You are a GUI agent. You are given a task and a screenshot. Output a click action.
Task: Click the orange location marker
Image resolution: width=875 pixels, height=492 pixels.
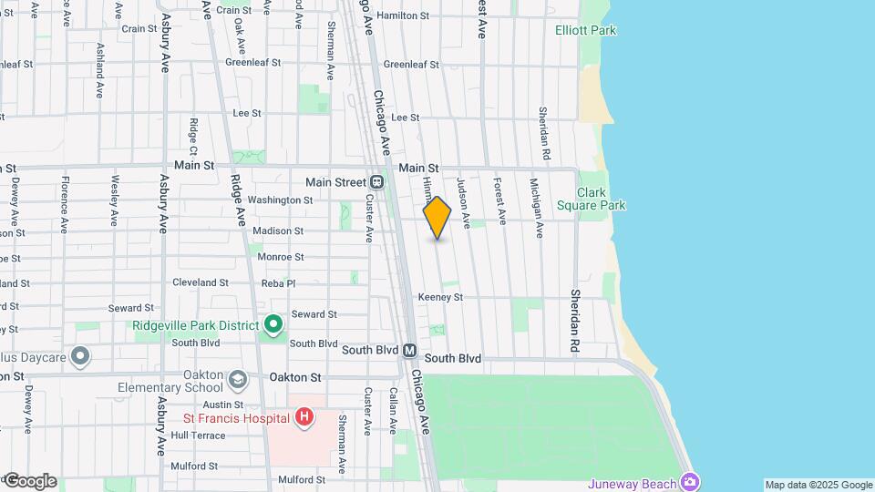pos(437,217)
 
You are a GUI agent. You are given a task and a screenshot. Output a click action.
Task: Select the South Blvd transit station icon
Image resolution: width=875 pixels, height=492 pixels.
pos(410,350)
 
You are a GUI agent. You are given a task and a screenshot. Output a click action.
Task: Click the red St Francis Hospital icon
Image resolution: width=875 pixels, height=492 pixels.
pos(305,418)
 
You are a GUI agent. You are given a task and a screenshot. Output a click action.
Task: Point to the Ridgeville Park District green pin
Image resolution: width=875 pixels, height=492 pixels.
pos(273,324)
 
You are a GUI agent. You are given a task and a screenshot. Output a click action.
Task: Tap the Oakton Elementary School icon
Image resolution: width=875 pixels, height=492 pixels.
pos(238,379)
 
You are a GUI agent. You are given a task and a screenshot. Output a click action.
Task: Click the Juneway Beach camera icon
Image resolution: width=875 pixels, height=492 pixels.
pos(692,482)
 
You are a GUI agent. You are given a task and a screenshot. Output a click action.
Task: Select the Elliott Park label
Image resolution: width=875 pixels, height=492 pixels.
pos(585,30)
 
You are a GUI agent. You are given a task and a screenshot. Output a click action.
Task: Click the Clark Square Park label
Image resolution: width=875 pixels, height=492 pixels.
pos(601,199)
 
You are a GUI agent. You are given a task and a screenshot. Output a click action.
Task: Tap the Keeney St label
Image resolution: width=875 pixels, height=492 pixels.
pos(440,297)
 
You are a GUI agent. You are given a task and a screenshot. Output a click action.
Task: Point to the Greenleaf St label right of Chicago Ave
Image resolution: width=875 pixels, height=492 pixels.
pos(411,65)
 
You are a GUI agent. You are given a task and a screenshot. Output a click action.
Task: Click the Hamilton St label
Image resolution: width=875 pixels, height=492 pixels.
pos(402,15)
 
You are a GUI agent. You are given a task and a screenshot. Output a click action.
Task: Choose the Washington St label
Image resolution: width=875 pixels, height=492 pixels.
pos(280,200)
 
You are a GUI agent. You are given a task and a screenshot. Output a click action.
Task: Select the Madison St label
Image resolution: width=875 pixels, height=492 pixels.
pos(278,231)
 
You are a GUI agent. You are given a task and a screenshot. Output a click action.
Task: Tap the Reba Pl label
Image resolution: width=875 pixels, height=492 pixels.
pos(278,283)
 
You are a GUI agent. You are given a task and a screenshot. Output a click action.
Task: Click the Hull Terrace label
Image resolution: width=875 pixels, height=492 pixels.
pos(198,436)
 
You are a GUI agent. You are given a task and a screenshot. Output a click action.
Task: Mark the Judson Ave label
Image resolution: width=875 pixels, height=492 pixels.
pos(463,201)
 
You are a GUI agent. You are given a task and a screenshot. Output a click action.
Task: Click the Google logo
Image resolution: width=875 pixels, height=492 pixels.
pos(30,480)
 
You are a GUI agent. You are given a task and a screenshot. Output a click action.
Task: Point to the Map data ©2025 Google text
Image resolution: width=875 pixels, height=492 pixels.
pos(818,485)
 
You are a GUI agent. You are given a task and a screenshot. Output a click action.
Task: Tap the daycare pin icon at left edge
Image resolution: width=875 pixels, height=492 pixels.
pos(81,355)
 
